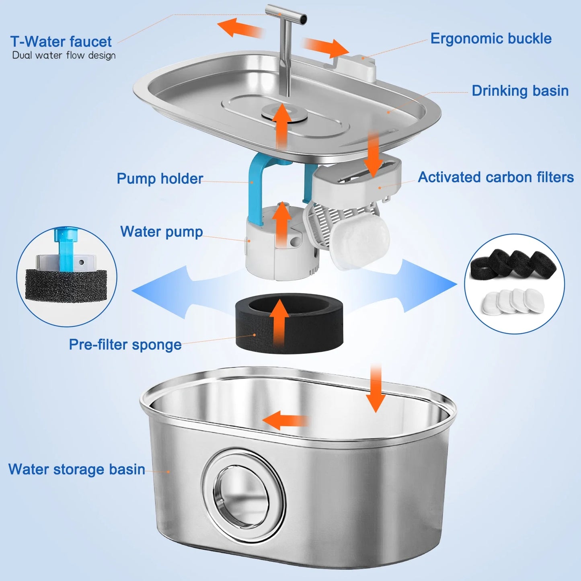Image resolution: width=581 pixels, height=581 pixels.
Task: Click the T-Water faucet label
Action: coord(61,42)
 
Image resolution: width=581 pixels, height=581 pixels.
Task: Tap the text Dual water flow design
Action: coord(64,55)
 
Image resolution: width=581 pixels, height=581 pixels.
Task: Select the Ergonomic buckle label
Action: coord(491,39)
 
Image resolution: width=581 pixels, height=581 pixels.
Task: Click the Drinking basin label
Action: coord(520,91)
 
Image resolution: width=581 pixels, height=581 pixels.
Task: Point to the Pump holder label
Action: coord(160,179)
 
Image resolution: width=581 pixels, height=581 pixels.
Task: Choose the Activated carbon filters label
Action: coord(495,177)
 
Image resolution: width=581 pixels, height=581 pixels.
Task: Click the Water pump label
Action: coord(161,232)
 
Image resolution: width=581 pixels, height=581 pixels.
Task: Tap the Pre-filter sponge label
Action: coord(125,345)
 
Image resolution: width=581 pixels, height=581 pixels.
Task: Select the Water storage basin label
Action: coord(76,469)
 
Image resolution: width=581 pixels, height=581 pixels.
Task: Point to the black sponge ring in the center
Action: coord(289,324)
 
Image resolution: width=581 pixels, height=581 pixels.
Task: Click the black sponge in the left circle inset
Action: coord(66,285)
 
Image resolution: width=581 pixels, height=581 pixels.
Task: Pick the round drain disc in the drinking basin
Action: coord(284,113)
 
